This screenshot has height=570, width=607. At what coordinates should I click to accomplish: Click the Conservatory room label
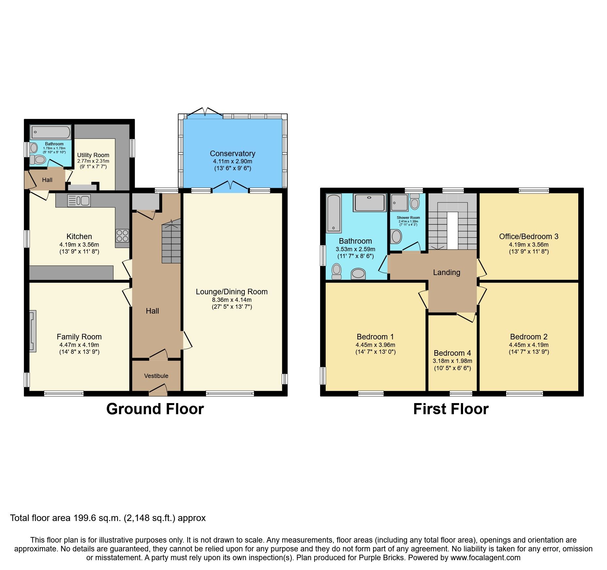click(x=232, y=154)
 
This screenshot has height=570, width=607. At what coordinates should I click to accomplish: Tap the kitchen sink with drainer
click(x=79, y=201)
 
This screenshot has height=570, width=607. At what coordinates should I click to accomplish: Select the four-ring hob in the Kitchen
click(x=122, y=236)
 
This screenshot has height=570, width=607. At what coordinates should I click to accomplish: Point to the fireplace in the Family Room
click(x=33, y=331)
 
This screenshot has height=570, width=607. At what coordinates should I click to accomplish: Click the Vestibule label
click(x=156, y=376)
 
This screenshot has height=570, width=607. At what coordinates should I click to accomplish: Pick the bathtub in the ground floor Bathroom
click(x=51, y=132)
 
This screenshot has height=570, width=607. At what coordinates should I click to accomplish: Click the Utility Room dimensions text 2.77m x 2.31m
click(x=93, y=161)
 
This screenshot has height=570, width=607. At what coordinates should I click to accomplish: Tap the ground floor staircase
click(x=171, y=242)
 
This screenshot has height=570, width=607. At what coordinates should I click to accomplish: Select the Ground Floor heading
click(x=155, y=409)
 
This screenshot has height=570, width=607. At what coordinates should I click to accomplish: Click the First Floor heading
click(x=451, y=409)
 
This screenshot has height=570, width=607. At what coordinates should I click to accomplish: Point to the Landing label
click(x=446, y=272)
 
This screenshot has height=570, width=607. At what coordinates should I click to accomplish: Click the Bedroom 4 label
click(x=452, y=353)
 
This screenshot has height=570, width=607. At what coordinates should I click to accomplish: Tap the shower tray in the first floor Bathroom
click(x=370, y=203)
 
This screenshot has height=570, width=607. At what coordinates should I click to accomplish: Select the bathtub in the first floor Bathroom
click(x=334, y=213)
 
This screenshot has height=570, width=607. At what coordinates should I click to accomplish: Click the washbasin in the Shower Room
click(x=397, y=236)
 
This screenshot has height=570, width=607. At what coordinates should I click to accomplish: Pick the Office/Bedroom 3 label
click(x=529, y=236)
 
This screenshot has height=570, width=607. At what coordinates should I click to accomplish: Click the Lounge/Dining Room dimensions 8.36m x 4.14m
click(x=232, y=300)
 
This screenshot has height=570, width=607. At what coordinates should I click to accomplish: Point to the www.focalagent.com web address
click(x=485, y=558)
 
